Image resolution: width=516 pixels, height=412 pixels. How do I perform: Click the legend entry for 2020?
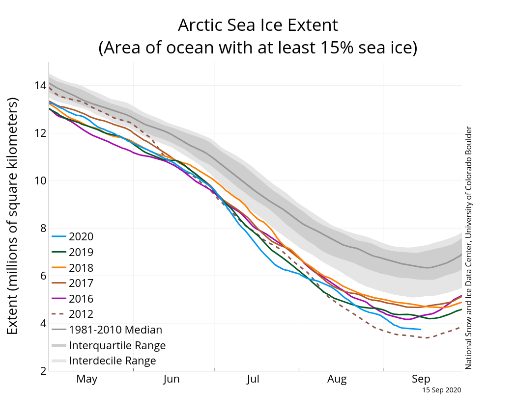tap(81, 236)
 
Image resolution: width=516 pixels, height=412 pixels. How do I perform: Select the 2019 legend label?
tap(81, 252)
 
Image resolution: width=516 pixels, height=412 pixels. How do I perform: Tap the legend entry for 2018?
tap(81, 268)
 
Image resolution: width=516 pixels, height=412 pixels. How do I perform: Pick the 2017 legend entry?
tap(81, 283)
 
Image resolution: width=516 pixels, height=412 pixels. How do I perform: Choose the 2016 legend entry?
tap(81, 299)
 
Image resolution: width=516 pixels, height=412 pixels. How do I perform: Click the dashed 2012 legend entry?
tap(81, 314)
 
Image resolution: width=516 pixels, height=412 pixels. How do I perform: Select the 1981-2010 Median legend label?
tap(115, 330)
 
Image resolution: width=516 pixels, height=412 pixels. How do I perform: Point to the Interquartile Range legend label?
tap(117, 345)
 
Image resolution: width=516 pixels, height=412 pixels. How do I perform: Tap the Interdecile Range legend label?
tap(113, 361)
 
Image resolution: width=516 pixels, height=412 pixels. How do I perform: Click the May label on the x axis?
tap(87, 379)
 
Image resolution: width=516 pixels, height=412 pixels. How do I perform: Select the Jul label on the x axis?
tap(253, 379)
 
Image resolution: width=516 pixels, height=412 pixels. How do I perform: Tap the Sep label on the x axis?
tap(421, 379)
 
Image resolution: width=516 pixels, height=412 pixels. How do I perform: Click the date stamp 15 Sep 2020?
tap(442, 390)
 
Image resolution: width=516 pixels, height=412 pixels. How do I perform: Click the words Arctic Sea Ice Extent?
tap(258, 25)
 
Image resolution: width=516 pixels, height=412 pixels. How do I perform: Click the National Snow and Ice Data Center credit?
tap(468, 248)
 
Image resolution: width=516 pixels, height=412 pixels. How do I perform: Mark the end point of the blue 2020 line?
tap(421, 329)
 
